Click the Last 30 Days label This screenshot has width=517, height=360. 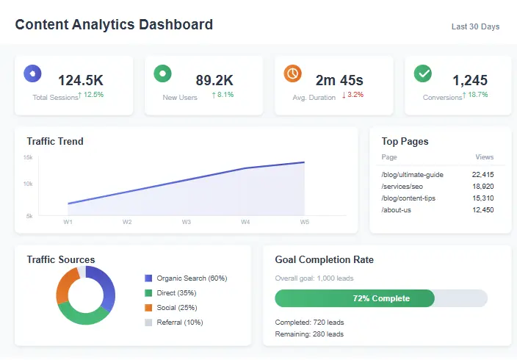coord(475,26)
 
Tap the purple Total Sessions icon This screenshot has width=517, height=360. coord(32,73)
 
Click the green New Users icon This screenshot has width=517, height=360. coord(162,73)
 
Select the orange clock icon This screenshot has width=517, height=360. coord(292,73)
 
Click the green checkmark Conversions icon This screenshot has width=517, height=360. coord(422,73)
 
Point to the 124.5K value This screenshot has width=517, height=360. coord(81,80)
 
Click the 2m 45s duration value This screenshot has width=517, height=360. coord(339,80)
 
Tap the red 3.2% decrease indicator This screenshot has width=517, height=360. coord(352,95)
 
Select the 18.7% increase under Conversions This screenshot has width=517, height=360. coord(475,95)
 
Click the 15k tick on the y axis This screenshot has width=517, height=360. coord(28,158)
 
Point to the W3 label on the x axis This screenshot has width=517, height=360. coord(187,222)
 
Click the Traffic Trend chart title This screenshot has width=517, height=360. coord(55,141)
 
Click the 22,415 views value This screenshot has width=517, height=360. coord(482,175)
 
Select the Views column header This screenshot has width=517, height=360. coord(484,157)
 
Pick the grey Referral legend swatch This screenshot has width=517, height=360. coord(148,323)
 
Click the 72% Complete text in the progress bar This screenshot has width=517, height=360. coord(381,298)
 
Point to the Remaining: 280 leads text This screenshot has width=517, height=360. coord(309,334)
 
